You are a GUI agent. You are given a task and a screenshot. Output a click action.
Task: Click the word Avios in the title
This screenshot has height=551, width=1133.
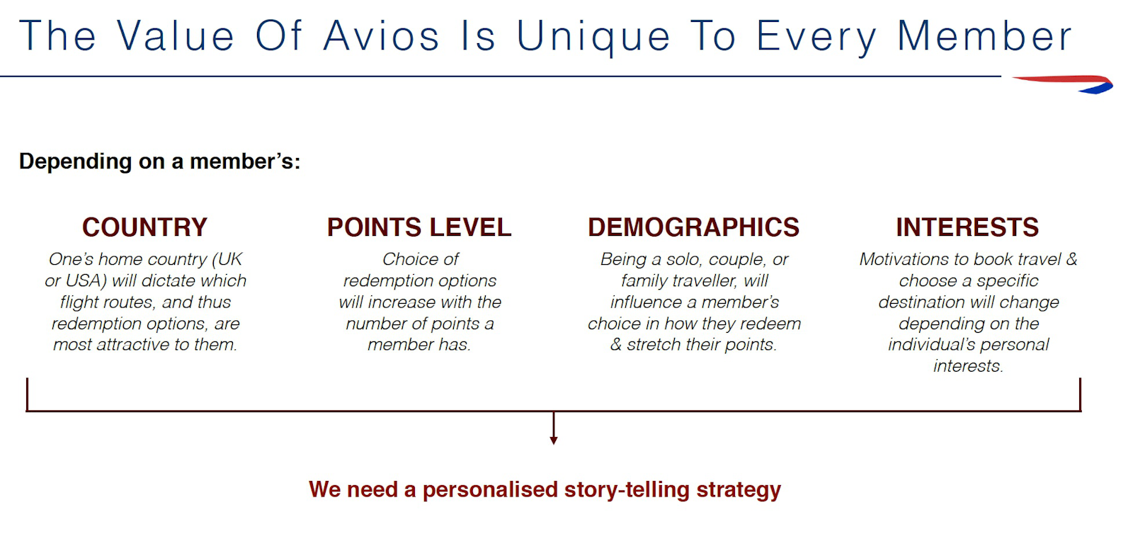(382, 36)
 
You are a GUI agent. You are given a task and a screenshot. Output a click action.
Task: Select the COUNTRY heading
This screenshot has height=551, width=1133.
(144, 227)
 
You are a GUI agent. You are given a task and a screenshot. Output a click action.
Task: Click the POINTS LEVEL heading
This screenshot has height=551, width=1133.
(419, 227)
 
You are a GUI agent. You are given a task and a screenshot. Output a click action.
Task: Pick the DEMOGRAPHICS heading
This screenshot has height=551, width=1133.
(693, 227)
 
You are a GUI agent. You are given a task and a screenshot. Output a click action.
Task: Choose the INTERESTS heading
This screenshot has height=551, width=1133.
(967, 227)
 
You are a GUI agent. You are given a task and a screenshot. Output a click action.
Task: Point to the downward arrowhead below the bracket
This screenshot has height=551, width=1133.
(554, 441)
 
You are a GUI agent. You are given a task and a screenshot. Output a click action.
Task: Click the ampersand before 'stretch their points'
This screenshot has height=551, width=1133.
(616, 345)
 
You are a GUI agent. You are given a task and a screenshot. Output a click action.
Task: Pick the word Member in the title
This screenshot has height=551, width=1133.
(984, 36)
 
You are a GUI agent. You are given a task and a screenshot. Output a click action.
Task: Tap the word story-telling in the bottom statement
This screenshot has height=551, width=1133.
(626, 490)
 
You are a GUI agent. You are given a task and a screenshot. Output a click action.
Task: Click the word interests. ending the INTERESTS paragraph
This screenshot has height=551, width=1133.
(968, 366)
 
